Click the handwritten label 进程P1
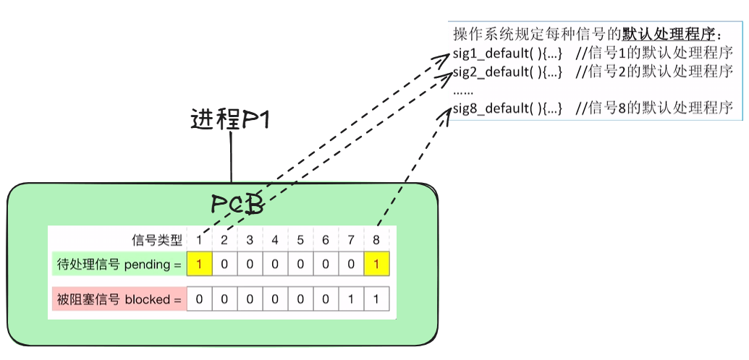230,119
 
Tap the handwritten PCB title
236,203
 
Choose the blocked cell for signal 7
351,299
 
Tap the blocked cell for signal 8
376,299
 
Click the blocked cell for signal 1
199,299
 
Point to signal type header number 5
300,240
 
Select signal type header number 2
224,240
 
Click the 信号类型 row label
156,240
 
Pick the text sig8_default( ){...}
507,108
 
